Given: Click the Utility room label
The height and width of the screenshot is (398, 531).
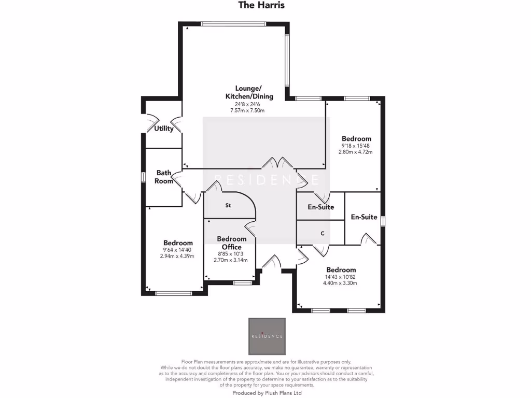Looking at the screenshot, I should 164,129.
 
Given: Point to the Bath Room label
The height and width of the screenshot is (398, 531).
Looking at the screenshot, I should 164,177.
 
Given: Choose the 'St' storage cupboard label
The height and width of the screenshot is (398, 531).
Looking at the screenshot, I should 228,206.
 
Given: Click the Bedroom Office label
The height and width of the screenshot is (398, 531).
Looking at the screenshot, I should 231,243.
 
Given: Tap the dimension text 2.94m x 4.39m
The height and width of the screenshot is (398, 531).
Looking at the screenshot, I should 177,257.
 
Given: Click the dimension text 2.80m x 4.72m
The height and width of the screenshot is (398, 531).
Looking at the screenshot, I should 356,152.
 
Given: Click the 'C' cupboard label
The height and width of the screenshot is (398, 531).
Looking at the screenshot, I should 323,234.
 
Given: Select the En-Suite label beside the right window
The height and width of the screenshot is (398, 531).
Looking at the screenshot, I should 364,217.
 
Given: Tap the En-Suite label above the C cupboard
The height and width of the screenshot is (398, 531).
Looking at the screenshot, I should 321,207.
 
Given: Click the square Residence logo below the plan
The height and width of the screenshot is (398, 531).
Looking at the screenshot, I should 267,336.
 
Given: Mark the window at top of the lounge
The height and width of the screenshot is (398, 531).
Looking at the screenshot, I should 234,23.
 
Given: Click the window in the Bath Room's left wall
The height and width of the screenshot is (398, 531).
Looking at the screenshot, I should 143,177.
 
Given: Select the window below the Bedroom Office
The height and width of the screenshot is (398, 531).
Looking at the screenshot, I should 242,282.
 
